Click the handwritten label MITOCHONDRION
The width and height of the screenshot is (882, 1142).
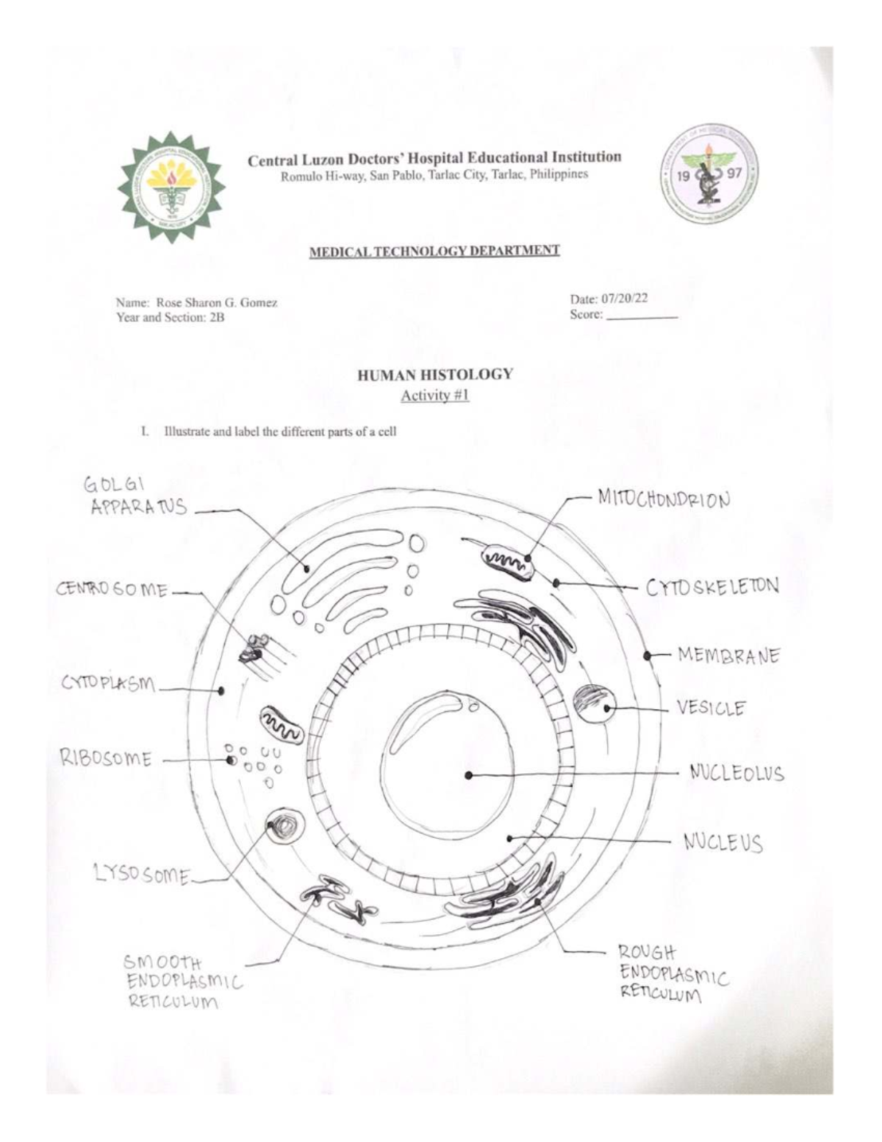[x=664, y=499]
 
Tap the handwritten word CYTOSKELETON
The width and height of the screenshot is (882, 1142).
[x=711, y=588]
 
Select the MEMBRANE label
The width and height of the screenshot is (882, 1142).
[x=728, y=654]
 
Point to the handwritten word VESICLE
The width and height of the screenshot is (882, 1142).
[x=711, y=708]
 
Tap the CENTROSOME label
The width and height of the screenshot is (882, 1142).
[x=112, y=590]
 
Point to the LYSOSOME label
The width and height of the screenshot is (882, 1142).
[x=142, y=874]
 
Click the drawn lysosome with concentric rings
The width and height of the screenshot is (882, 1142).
[x=284, y=826]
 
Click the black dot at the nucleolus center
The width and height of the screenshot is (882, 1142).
[x=468, y=774]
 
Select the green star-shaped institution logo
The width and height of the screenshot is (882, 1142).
[x=171, y=186]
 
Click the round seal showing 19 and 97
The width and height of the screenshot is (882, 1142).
[x=708, y=175]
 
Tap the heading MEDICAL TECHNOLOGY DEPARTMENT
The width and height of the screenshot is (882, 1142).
[x=434, y=251]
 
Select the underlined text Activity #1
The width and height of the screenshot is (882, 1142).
[x=434, y=396]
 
